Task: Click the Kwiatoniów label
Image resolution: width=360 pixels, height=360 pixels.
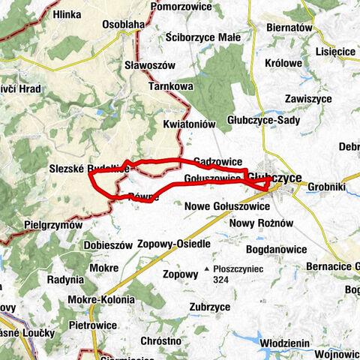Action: [x=189, y=123]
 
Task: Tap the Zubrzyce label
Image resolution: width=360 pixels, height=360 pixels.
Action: [x=209, y=307]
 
